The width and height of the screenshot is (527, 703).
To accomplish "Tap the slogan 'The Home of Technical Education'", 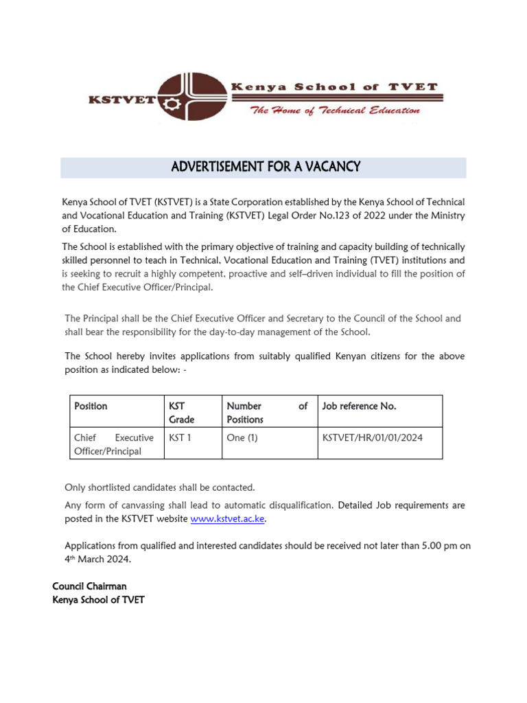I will [335, 111].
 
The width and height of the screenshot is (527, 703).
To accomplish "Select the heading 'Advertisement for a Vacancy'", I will [266, 167].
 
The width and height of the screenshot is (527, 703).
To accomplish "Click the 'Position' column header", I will [91, 406].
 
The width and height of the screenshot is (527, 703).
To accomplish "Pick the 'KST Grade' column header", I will [182, 413].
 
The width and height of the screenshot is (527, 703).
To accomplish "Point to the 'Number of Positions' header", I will [266, 413].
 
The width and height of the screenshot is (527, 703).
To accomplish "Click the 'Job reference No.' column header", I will [359, 406].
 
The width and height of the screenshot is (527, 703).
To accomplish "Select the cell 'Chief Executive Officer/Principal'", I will [113, 443].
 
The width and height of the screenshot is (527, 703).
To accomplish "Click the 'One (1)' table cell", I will [242, 437].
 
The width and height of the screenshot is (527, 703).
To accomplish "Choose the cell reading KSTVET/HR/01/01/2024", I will [372, 437].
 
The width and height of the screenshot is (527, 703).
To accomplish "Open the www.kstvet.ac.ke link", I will [227, 519].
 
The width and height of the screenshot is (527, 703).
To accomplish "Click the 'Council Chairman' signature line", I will [89, 586].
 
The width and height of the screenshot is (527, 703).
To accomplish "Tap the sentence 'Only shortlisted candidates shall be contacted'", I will [159, 487].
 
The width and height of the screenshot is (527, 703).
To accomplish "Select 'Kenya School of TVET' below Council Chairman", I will [98, 600].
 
